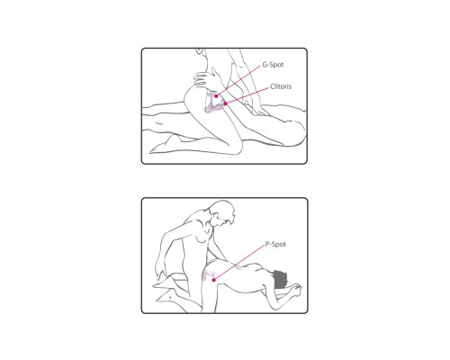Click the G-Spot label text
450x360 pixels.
click(x=273, y=65)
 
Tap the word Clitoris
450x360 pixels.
click(x=281, y=86)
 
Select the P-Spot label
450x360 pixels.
click(x=275, y=244)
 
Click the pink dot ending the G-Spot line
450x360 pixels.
click(x=216, y=96)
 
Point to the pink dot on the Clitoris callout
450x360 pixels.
click(x=225, y=103)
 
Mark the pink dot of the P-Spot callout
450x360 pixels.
click(x=213, y=280)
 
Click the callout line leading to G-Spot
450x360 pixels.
click(x=238, y=80)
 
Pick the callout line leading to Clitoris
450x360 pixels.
click(x=247, y=95)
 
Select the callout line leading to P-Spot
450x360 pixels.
click(x=238, y=263)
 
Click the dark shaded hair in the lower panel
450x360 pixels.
click(x=280, y=278)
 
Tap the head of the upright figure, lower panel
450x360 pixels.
click(x=222, y=212)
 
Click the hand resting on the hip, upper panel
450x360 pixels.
click(x=206, y=79)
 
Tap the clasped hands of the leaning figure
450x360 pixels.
click(x=295, y=289)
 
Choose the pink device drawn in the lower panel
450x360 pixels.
click(x=209, y=275)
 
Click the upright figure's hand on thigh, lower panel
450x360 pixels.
click(x=160, y=271)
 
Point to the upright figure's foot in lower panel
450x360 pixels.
click(x=165, y=296)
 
